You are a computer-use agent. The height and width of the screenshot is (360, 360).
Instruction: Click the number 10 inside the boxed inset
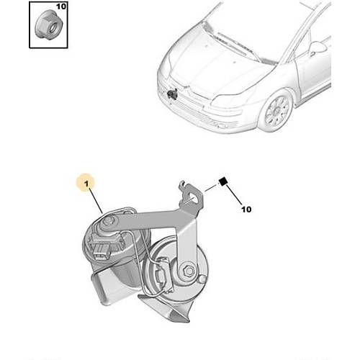click(x=61, y=6)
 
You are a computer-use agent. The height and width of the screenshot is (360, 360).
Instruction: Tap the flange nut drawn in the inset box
click(x=49, y=26)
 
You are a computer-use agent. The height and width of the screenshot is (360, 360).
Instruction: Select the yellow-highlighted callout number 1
click(x=86, y=184)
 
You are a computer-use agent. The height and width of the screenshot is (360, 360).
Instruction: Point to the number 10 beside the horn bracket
click(x=246, y=210)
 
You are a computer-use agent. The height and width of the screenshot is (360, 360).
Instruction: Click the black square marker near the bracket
click(x=223, y=181)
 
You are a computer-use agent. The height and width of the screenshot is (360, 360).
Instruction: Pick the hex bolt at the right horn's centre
click(x=189, y=271)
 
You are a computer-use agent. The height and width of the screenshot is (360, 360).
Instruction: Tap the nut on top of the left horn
click(x=109, y=220)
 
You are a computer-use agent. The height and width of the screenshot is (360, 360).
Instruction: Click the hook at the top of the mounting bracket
click(x=183, y=185)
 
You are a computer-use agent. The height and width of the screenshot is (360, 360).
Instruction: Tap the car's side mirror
click(x=317, y=48)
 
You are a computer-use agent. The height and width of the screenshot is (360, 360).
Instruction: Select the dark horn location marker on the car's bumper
click(x=172, y=94)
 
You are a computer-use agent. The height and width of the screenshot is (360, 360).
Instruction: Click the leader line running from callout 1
click(x=96, y=201)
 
